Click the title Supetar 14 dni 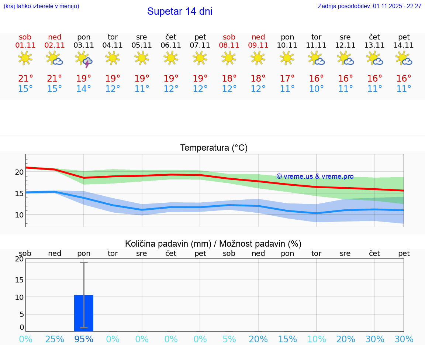coord(180,11)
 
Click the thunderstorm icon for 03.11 coord(84,59)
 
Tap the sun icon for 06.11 coord(171,58)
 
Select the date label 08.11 coord(229,45)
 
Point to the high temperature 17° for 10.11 coord(287,79)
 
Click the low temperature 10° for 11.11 coord(317,89)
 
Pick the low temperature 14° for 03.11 coord(84,89)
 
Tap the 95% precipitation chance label coord(84,339)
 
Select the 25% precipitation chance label coord(55,339)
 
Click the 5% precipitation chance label coord(229,339)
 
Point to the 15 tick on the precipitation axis coord(19,280)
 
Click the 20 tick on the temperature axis coord(19,172)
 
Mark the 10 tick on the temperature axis coord(19,215)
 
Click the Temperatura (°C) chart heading coord(214,148)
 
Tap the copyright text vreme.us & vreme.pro coord(315,176)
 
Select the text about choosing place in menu coord(41,6)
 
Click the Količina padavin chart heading coord(213,244)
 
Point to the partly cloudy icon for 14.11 coord(404,58)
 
